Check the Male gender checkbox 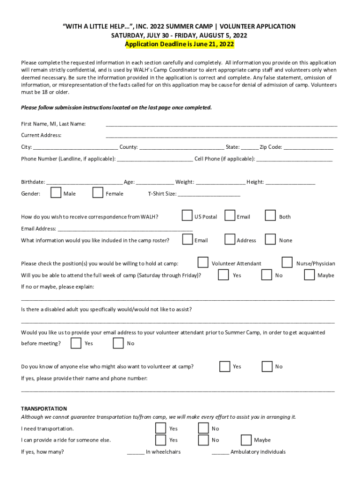pos(56,193)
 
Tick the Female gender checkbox pos(98,193)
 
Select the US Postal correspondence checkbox pos(187,216)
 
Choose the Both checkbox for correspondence pos(270,216)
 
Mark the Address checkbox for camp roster pos(230,239)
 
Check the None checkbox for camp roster pos(270,239)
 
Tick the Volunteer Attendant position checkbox pos(203,262)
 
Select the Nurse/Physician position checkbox pos(287,262)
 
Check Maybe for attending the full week pos(309,275)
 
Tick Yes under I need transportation pos(160,428)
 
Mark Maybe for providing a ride pos(246,440)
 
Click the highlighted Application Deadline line pos(180,44)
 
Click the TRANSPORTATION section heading pos(44,408)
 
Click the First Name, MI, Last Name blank pos(221,124)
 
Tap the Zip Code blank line pos(308,148)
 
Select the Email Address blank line pos(124,230)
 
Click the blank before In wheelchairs pos(136,453)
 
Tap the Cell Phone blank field pos(294,160)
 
